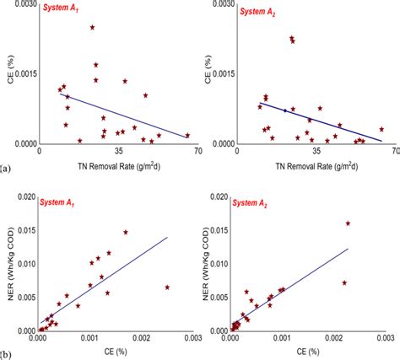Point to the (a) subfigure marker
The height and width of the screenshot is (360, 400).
[x=6, y=169]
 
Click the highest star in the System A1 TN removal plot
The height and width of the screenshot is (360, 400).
[x=92, y=28]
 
